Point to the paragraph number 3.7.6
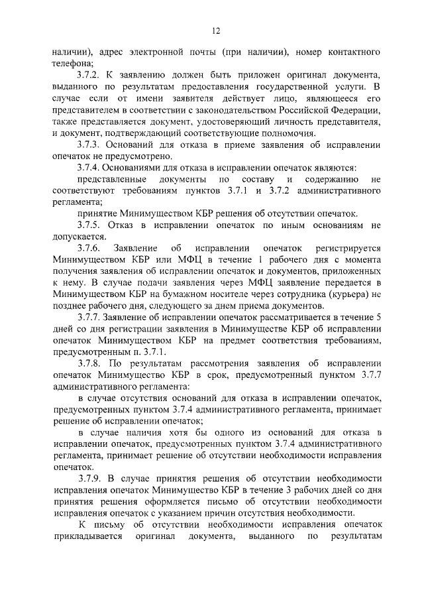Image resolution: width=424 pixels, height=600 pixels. click(89, 247)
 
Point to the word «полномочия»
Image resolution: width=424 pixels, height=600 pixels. click(282, 133)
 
